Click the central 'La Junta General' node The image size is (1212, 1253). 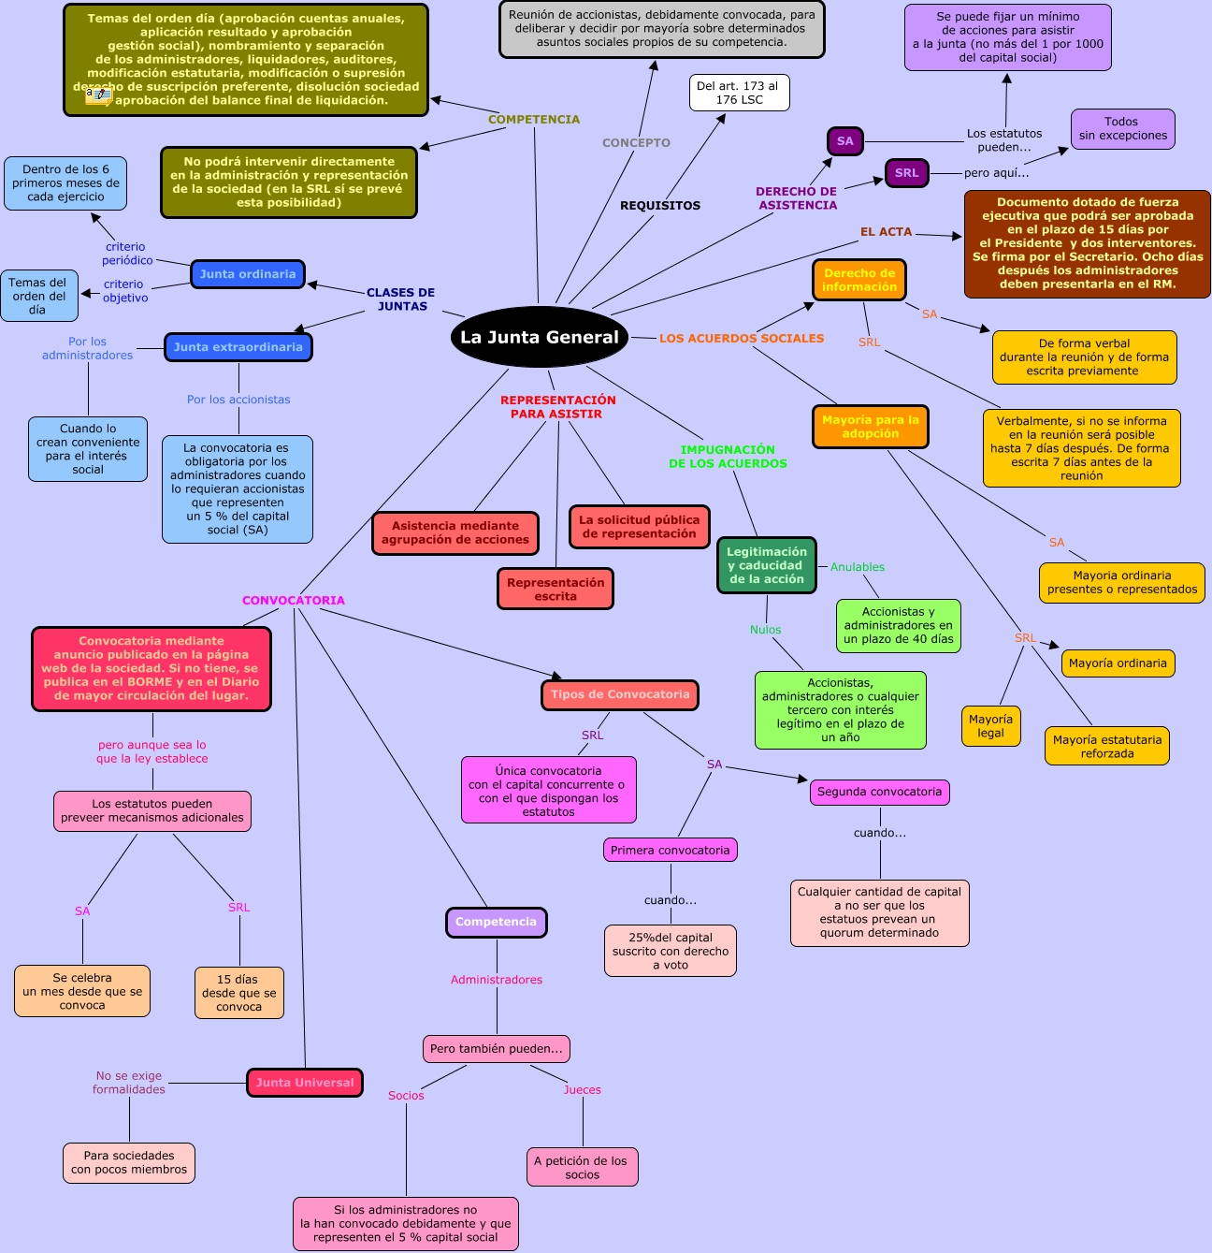tap(540, 337)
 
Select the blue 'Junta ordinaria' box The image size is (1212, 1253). tap(248, 274)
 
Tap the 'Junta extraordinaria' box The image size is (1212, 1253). tap(238, 347)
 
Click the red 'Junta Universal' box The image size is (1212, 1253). tap(305, 1083)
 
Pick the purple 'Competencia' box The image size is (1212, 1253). tap(497, 922)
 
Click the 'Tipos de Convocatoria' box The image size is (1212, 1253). tap(620, 694)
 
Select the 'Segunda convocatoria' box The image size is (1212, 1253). tap(880, 792)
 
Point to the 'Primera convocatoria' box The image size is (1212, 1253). tap(671, 850)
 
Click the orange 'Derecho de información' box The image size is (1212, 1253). tap(859, 280)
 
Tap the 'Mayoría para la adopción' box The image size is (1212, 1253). tap(871, 427)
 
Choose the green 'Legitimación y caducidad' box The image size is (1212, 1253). tap(767, 565)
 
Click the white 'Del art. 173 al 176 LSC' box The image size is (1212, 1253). tap(740, 93)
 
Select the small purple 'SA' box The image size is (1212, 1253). tap(845, 141)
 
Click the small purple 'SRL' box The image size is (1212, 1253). tap(907, 173)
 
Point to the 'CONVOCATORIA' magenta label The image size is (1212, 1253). tap(294, 600)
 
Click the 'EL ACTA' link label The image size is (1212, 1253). tap(887, 231)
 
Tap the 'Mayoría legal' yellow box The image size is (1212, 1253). tap(991, 726)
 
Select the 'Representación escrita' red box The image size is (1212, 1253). tap(555, 589)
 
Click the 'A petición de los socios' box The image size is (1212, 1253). tap(582, 1167)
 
